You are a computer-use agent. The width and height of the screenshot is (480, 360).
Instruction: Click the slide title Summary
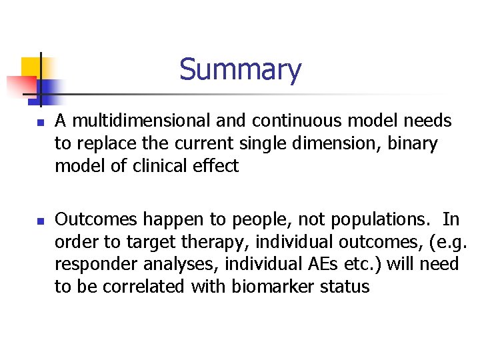click(x=240, y=69)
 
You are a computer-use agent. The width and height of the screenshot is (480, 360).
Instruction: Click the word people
click(x=244, y=219)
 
